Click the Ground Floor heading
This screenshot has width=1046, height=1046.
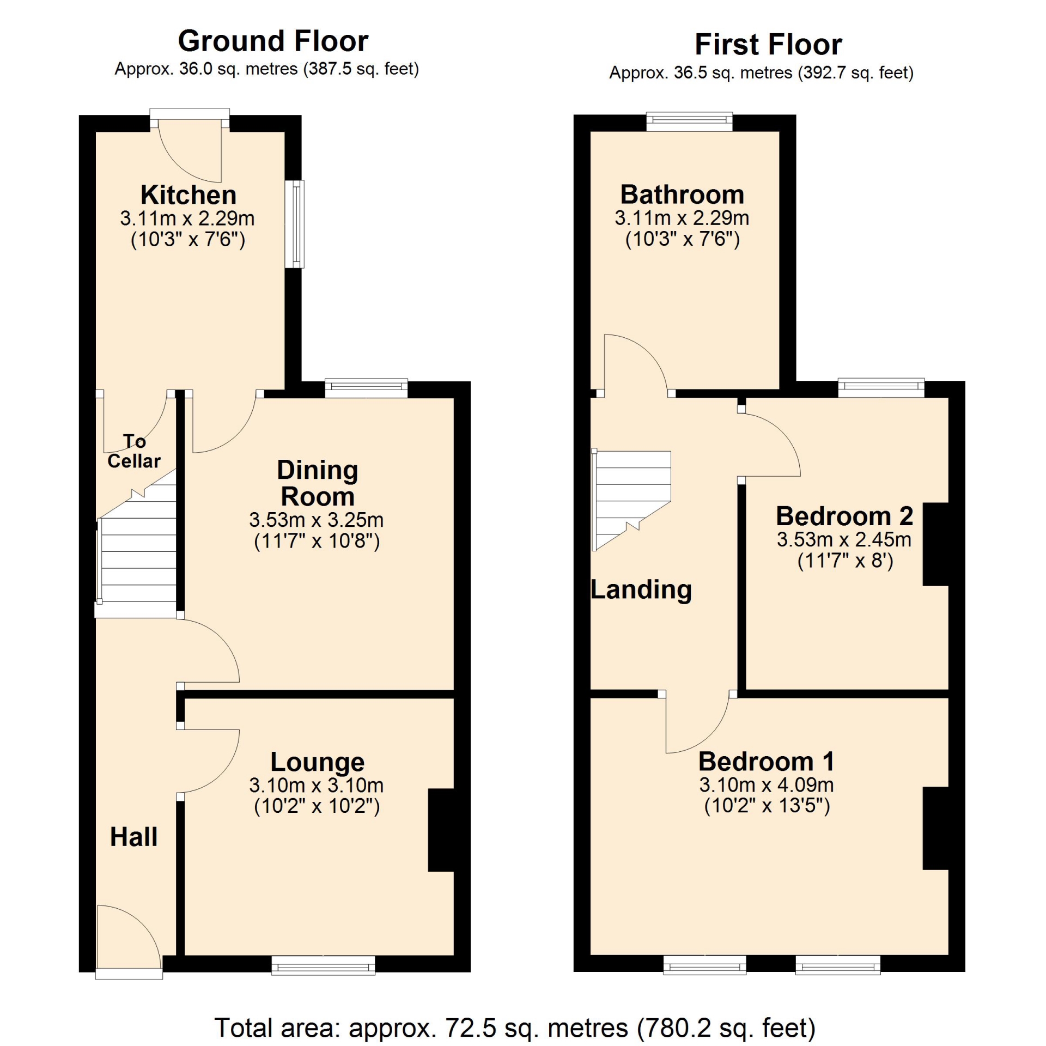(273, 41)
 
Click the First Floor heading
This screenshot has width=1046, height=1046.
(768, 45)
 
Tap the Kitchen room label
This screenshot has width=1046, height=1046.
(188, 195)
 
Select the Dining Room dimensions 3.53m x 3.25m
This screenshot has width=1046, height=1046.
(317, 520)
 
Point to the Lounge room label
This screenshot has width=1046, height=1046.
(318, 762)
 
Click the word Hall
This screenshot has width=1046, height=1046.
(134, 837)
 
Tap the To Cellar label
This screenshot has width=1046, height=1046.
(134, 451)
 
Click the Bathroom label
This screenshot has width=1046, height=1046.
(682, 194)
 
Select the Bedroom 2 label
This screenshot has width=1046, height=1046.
(844, 516)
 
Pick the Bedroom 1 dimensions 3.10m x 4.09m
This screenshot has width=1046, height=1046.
(767, 785)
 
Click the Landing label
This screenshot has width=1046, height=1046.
(641, 590)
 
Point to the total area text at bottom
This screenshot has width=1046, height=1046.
(515, 1028)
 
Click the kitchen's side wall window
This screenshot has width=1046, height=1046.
(295, 224)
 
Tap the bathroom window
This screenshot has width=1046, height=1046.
(689, 121)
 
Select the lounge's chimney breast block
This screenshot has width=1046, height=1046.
(441, 830)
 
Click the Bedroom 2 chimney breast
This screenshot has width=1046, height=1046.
(936, 544)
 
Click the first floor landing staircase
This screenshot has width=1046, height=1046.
(632, 500)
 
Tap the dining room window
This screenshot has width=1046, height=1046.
(366, 388)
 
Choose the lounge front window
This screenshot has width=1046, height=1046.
(324, 965)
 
